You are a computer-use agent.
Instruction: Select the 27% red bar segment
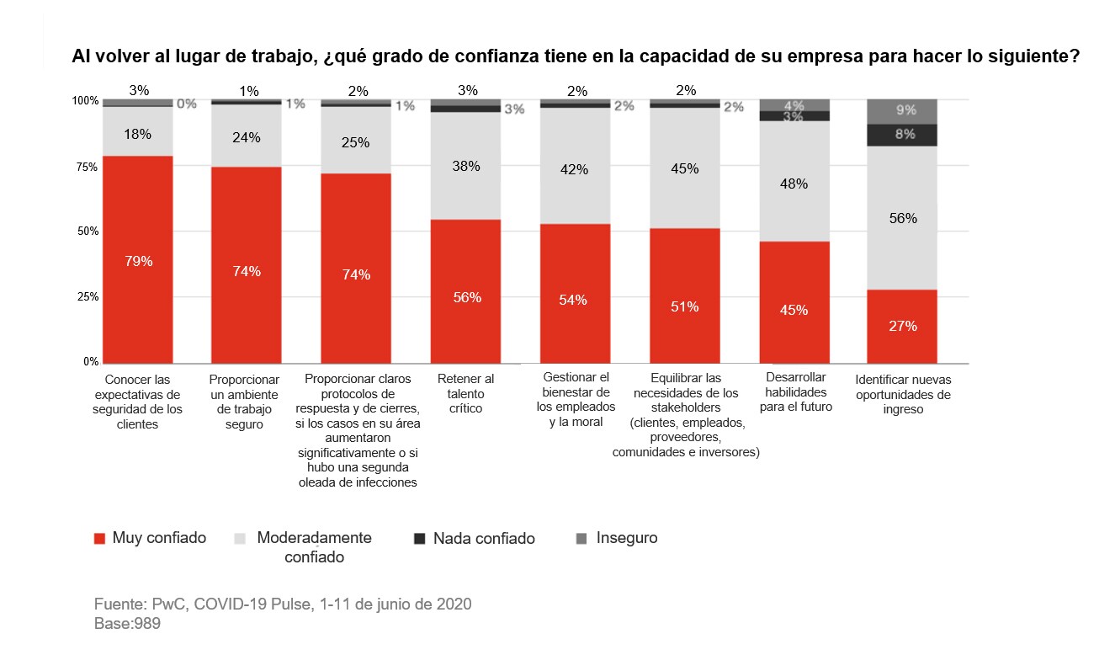pos(902,326)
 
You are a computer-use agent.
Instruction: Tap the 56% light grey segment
pos(902,218)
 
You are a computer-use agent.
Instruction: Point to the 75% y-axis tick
pos(88,168)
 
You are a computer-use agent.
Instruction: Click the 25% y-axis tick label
pos(88,297)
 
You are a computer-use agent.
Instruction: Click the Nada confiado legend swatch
pos(420,539)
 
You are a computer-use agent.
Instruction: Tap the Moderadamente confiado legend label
pos(314,547)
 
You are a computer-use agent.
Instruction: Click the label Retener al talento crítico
pos(465,393)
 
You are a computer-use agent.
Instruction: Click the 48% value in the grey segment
pos(794,184)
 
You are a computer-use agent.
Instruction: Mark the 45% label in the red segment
pos(794,310)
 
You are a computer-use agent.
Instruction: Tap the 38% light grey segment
pos(465,166)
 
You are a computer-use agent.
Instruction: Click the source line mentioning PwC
pos(282,604)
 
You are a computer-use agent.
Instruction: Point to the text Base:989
pos(127,625)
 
